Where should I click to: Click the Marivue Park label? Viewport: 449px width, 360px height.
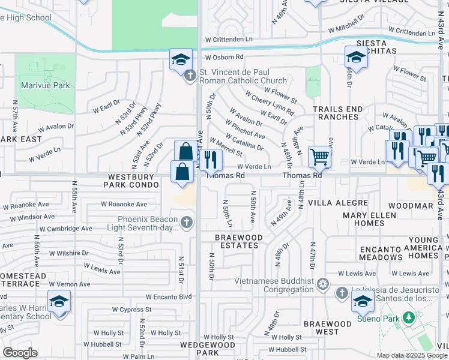click(45, 85)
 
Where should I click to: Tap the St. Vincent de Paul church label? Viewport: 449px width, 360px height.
click(243, 76)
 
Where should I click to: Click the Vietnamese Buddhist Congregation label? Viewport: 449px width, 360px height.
click(268, 284)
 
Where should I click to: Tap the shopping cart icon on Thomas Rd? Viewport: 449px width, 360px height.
click(320, 157)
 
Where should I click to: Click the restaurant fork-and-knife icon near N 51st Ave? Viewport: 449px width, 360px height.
click(210, 159)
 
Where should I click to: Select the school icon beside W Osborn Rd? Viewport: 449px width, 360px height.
click(181, 59)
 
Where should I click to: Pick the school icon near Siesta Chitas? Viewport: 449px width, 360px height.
click(356, 58)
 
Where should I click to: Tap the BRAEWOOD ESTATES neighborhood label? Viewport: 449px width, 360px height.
click(239, 241)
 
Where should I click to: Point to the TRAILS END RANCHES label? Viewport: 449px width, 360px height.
click(338, 113)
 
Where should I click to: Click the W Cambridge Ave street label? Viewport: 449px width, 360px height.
click(66, 229)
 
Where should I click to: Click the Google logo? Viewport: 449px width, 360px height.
click(20, 353)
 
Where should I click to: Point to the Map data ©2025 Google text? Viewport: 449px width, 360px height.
click(411, 355)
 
